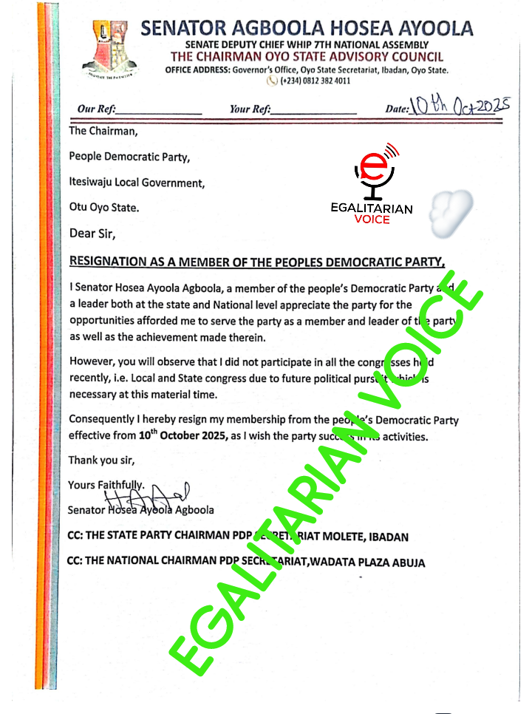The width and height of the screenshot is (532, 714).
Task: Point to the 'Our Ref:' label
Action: click(x=96, y=109)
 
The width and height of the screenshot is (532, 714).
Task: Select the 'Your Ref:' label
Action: click(x=250, y=109)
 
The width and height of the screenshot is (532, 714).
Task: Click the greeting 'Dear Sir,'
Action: click(x=92, y=234)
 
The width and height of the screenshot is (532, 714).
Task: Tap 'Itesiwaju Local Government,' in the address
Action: click(x=137, y=182)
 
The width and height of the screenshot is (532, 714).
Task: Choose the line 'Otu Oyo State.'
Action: click(x=103, y=208)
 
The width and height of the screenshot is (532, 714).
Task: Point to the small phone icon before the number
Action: click(x=273, y=81)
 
